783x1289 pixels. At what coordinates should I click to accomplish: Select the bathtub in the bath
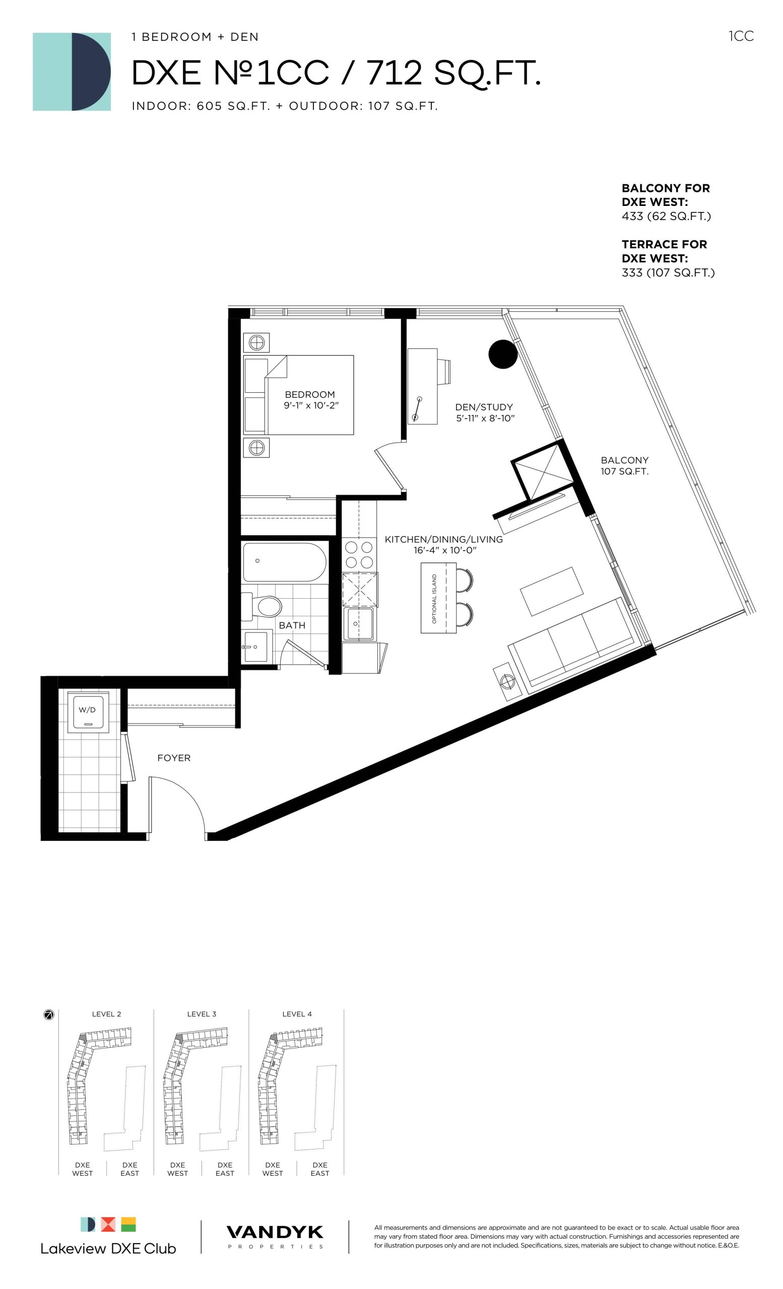click(284, 562)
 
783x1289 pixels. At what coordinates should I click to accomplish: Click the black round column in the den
click(503, 354)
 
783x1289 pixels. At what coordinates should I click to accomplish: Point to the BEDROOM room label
click(309, 394)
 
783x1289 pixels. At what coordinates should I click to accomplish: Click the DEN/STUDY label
click(484, 407)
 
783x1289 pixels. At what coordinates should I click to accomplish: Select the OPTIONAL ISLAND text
click(434, 599)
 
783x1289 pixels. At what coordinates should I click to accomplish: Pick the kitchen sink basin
click(359, 623)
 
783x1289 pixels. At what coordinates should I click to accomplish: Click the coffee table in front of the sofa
click(552, 591)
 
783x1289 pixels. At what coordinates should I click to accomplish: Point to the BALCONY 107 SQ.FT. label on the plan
click(624, 466)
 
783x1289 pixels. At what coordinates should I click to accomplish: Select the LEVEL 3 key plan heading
click(202, 1014)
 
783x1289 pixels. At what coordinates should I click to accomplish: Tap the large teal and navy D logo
click(72, 71)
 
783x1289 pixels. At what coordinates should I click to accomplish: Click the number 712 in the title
click(394, 73)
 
